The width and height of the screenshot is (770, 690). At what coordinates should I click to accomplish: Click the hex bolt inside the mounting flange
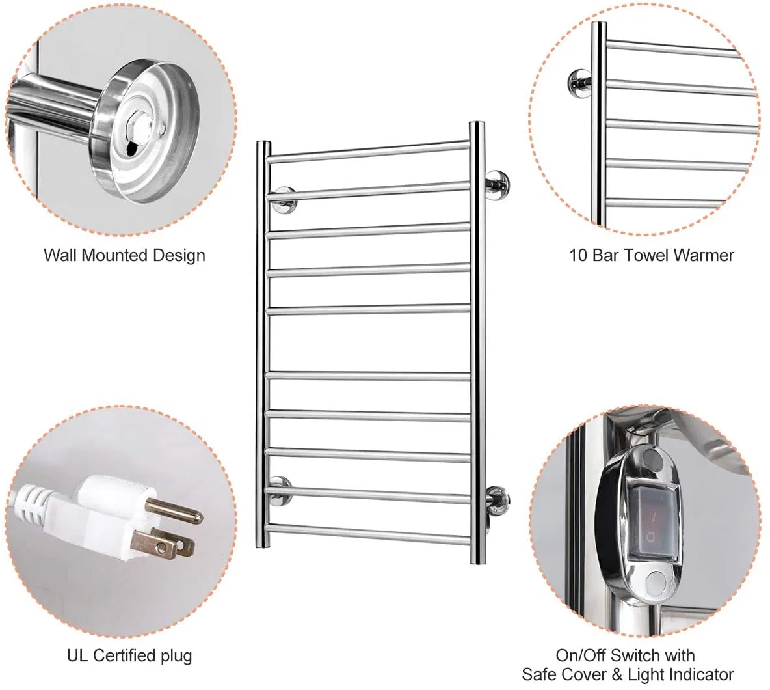pos(139,118)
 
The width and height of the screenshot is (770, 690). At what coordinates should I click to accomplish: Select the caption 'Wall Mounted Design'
pos(124,255)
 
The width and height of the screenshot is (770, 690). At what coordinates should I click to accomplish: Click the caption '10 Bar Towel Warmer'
pos(651,255)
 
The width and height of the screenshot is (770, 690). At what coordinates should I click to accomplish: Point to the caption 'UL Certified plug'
pos(129,655)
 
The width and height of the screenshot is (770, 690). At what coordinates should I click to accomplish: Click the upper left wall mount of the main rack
pos(284,199)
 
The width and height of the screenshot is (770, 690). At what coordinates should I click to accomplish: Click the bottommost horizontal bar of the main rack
pos(367,534)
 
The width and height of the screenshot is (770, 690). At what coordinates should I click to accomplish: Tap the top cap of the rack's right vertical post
pos(477,124)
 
